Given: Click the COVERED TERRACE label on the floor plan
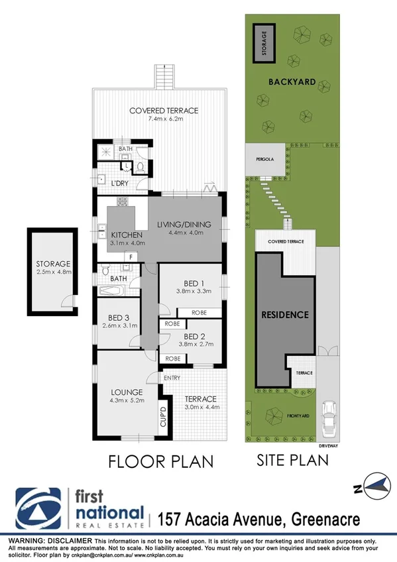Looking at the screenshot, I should coord(164,111).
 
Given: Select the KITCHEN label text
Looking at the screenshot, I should coord(128,235).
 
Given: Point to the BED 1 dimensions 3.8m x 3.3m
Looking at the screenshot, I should coord(193,290).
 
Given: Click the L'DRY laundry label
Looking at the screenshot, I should coord(119,182).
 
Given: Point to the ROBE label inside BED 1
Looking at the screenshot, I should coord(199,312).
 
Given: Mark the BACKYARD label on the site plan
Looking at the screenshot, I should coord(291,82).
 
